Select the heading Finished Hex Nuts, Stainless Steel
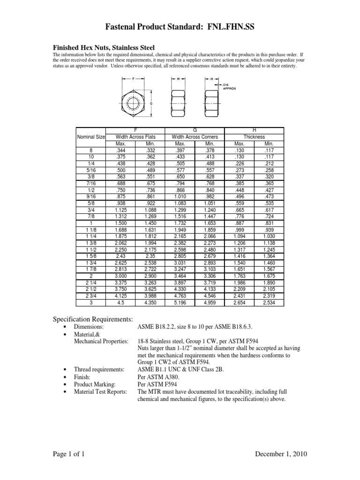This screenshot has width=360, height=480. [103, 47]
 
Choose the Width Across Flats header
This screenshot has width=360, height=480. [135, 137]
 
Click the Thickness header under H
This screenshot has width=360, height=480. [254, 137]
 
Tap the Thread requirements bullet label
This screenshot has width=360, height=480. [96, 369]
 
